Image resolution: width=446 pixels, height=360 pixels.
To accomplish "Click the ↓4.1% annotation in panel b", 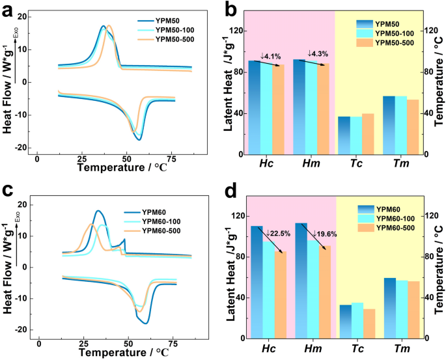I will click(272, 56).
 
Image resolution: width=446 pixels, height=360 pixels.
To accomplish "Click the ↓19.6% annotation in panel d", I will click(319, 234).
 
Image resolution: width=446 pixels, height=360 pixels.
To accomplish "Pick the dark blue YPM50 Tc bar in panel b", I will click(344, 135).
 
